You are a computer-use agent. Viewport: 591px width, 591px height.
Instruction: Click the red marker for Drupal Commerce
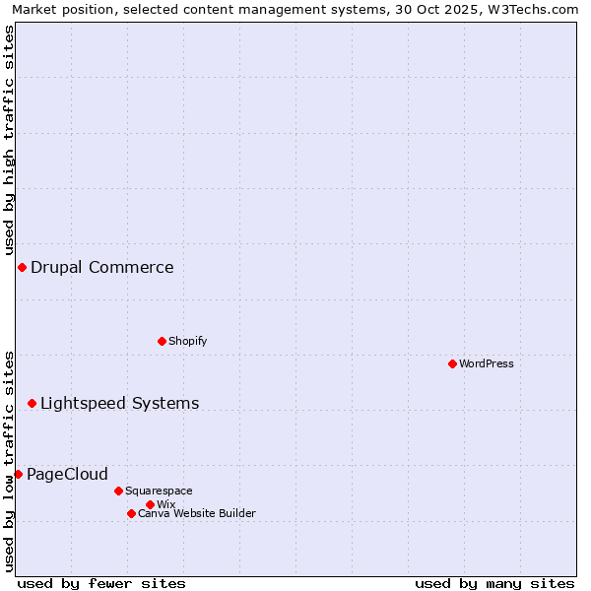pyautogui.click(x=22, y=268)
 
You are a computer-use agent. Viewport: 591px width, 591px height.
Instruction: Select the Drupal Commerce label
pyautogui.click(x=102, y=268)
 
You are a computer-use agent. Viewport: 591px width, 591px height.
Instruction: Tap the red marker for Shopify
pyautogui.click(x=162, y=341)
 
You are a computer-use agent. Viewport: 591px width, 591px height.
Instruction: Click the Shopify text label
pyautogui.click(x=187, y=341)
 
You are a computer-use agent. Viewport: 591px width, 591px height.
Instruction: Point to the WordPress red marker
pyautogui.click(x=452, y=363)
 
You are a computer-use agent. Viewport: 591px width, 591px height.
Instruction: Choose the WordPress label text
pyautogui.click(x=487, y=363)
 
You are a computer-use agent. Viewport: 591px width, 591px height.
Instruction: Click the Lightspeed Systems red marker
pyautogui.click(x=32, y=403)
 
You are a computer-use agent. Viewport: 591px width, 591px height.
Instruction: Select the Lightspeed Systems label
pyautogui.click(x=119, y=404)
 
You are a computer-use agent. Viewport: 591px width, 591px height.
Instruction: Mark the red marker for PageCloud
pyautogui.click(x=18, y=474)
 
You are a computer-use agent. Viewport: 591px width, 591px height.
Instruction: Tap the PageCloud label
pyautogui.click(x=67, y=475)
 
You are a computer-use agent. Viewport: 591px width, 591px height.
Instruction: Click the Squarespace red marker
pyautogui.click(x=118, y=491)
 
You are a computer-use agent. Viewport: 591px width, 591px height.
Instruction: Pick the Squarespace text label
pyautogui.click(x=159, y=491)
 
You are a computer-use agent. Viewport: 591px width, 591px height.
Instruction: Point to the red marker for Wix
pyautogui.click(x=150, y=504)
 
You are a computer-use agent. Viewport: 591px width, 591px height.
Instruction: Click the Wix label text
pyautogui.click(x=165, y=504)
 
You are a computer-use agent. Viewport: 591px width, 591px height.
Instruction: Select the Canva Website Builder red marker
pyautogui.click(x=131, y=513)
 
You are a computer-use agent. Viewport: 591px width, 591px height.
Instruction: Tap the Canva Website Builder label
pyautogui.click(x=197, y=513)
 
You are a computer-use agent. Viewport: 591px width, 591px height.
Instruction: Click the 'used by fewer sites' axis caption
pyautogui.click(x=101, y=583)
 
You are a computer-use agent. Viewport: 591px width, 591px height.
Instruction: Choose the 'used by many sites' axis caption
pyautogui.click(x=494, y=583)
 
